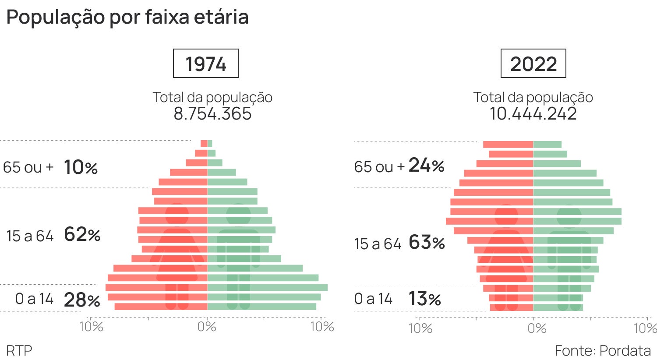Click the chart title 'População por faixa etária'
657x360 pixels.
127,18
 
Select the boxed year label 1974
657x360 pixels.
206,64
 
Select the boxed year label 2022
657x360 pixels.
533,64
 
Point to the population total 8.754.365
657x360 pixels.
212,114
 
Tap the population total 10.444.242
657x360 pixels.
533,114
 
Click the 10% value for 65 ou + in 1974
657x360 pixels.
81,167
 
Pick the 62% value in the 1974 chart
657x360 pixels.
82,235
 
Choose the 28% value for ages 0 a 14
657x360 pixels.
82,300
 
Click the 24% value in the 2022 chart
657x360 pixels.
426,166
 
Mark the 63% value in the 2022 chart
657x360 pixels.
427,242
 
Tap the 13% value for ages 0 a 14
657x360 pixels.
424,299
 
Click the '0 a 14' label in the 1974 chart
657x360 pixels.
34,299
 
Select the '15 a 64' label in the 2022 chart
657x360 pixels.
378,244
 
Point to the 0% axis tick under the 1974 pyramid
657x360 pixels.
207,327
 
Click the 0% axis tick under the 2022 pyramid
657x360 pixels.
537,328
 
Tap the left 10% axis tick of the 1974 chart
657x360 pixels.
91,327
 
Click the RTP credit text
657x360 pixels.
19,350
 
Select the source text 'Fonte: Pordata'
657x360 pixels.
603,350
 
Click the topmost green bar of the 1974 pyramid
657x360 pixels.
210,144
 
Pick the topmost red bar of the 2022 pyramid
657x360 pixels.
508,145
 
